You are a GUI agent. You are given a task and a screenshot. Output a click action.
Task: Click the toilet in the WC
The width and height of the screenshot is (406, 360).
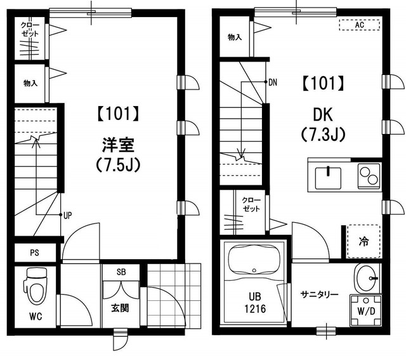(x=35, y=286)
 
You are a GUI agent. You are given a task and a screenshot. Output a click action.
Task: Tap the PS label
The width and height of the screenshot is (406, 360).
(x=34, y=253)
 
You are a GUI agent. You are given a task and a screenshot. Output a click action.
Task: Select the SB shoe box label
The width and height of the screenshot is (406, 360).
(x=121, y=272)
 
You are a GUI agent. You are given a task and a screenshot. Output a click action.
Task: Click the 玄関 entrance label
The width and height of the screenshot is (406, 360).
(x=120, y=308)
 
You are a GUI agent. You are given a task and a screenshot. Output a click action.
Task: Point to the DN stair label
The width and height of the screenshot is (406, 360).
(x=273, y=83)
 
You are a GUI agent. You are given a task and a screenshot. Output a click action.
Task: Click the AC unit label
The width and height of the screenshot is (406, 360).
(x=360, y=25)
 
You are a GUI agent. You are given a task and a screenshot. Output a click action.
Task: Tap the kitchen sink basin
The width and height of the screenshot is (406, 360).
(x=328, y=178)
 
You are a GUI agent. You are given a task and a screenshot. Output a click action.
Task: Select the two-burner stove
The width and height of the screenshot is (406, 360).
(x=369, y=176)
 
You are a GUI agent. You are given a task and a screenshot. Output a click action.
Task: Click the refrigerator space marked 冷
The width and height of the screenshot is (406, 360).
(x=363, y=241)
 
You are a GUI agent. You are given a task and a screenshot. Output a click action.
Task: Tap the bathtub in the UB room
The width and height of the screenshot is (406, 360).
(x=254, y=262)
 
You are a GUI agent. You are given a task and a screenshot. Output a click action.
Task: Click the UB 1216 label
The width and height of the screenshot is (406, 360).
(x=255, y=302)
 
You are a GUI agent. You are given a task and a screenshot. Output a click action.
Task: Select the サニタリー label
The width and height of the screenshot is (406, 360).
(x=319, y=295)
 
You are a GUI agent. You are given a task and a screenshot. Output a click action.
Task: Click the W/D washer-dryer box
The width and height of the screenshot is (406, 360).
(x=365, y=310)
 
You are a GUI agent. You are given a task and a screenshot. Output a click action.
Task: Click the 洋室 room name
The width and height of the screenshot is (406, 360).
(x=118, y=145)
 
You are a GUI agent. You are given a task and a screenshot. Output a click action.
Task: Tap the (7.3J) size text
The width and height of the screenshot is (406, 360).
(x=323, y=134)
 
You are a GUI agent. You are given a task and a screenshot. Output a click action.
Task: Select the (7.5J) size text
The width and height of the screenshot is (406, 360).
(x=118, y=164)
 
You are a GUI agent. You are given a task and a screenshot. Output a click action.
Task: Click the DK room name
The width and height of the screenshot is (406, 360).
(x=323, y=114)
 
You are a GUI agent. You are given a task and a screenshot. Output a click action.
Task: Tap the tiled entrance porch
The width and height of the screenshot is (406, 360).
(x=174, y=295)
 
